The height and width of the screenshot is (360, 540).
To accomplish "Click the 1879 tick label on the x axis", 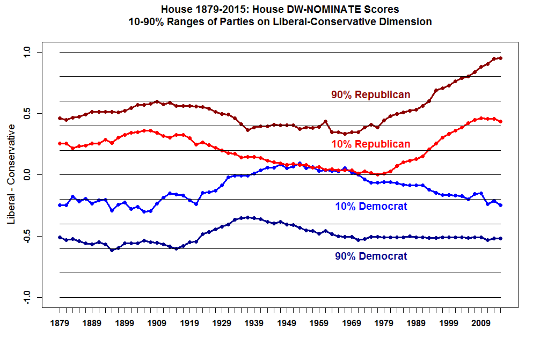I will pyautogui.click(x=60, y=324).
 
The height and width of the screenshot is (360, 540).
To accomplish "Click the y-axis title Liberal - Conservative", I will pyautogui.click(x=11, y=174).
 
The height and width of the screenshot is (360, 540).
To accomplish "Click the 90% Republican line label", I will pyautogui.click(x=370, y=95).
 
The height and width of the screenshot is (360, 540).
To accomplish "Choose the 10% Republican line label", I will pyautogui.click(x=370, y=144).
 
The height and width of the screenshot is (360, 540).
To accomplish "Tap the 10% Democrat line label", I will pyautogui.click(x=371, y=207).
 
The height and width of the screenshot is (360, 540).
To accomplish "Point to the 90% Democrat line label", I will pyautogui.click(x=371, y=256).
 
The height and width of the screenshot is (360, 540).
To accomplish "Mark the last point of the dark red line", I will pyautogui.click(x=500, y=58).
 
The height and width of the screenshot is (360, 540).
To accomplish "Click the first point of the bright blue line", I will pyautogui.click(x=60, y=205).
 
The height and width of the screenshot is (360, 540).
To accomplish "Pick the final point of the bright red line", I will pyautogui.click(x=500, y=122).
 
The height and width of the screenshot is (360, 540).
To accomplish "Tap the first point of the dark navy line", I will pyautogui.click(x=60, y=237).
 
